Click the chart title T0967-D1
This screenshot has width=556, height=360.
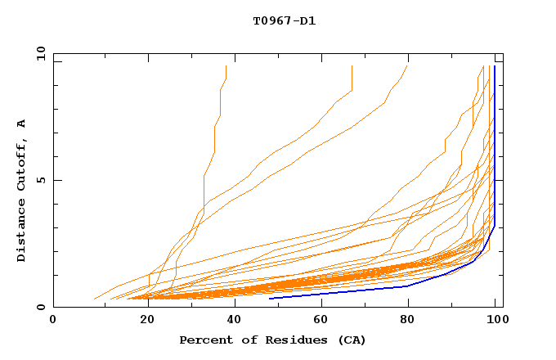point(284,21)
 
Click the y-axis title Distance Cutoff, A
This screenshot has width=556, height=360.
point(21,191)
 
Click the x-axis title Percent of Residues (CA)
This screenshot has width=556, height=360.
point(272,340)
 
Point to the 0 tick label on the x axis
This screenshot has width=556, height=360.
point(53,320)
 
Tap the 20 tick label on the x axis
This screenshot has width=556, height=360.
point(142,320)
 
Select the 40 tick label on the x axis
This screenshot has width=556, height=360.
point(231,320)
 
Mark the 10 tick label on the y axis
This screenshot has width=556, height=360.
point(40,53)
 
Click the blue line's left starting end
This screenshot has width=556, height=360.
point(270,298)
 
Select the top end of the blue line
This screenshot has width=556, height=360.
point(495,66)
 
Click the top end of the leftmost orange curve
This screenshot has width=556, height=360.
point(226,66)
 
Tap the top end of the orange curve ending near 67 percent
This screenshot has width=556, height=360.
point(352,66)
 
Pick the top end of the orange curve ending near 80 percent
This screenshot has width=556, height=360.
point(407,66)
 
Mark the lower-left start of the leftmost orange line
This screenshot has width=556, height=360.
point(95,299)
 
